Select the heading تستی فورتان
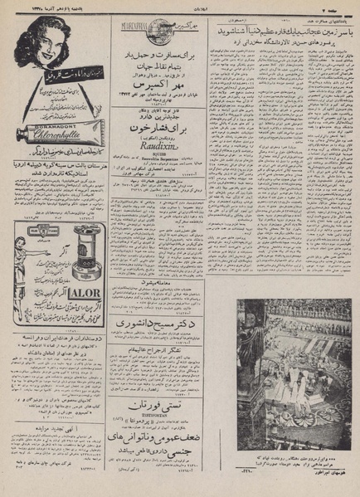[176, 404]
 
